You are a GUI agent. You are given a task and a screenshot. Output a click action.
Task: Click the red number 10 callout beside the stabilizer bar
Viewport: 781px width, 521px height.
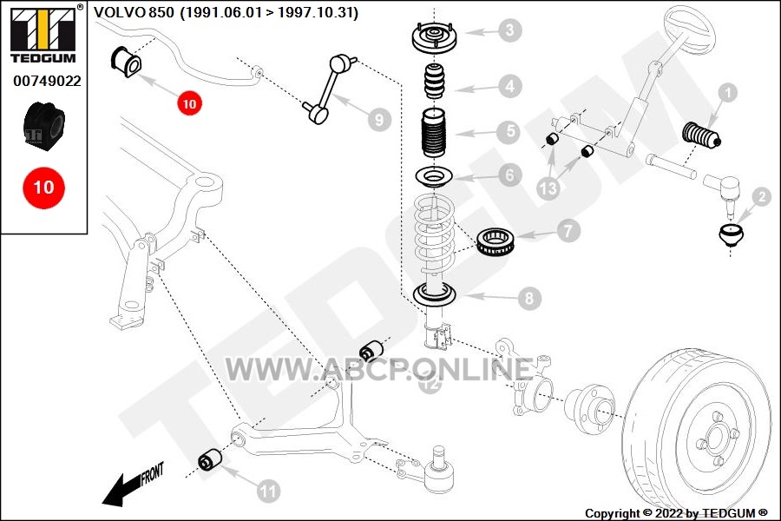(189, 103)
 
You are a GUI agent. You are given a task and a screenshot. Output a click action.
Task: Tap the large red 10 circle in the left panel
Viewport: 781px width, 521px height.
(44, 188)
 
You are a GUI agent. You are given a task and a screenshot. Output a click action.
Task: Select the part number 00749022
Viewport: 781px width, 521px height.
(48, 81)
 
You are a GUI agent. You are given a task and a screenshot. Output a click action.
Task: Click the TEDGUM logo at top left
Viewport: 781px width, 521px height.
(44, 33)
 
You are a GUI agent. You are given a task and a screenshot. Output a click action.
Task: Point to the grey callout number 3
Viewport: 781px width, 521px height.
(509, 30)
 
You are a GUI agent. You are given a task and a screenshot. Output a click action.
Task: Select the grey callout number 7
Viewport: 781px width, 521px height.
(568, 230)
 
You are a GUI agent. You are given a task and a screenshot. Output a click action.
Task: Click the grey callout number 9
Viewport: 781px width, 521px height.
(379, 120)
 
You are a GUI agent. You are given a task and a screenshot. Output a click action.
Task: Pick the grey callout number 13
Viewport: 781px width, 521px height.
(548, 188)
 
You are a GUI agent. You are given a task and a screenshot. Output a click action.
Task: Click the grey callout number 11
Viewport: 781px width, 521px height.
(268, 491)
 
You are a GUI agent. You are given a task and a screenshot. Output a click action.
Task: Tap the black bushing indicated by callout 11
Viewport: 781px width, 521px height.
(210, 459)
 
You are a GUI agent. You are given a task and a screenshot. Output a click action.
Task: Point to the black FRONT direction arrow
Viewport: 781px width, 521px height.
(133, 485)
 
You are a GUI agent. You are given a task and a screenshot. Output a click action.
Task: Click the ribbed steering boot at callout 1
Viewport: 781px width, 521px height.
(701, 135)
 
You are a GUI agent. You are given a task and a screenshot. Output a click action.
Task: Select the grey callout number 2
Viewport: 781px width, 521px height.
(762, 197)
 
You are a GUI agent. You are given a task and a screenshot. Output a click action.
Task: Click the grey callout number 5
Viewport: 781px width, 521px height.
(509, 132)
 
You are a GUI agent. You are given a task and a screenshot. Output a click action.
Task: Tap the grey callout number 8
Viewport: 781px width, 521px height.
(529, 298)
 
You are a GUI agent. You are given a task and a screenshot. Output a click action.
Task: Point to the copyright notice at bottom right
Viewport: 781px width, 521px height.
(676, 513)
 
